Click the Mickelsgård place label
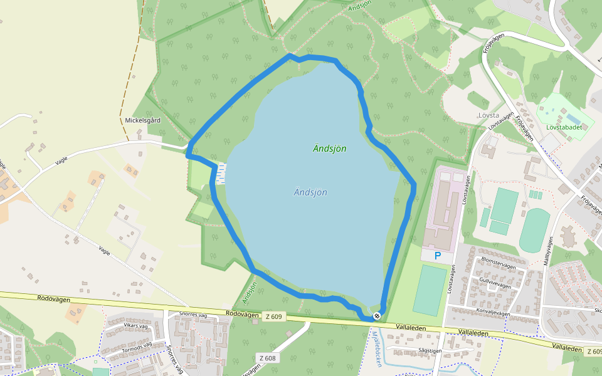click(143, 120)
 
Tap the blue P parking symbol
click(437, 255)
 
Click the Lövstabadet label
click(564, 127)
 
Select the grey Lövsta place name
click(488, 115)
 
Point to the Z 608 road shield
click(268, 358)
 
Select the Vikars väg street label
click(139, 326)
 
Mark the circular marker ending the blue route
click(376, 316)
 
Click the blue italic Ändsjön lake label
click(310, 192)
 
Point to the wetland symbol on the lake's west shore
click(220, 173)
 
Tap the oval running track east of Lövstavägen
click(534, 230)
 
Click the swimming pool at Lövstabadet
click(573, 118)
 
